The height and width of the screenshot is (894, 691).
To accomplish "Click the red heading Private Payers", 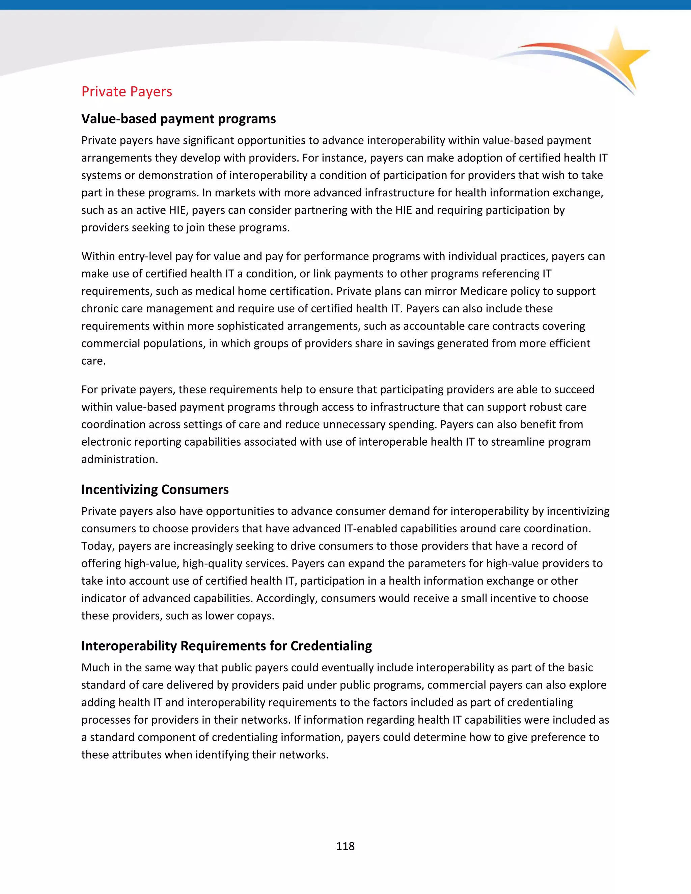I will point(127,92).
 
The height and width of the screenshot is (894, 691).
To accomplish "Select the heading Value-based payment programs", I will point(178,119).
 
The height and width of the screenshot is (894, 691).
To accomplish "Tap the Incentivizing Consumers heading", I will point(155,490).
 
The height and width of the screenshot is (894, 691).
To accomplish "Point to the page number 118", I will point(345,846).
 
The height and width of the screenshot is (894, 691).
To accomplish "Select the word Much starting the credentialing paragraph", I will point(95,668).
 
